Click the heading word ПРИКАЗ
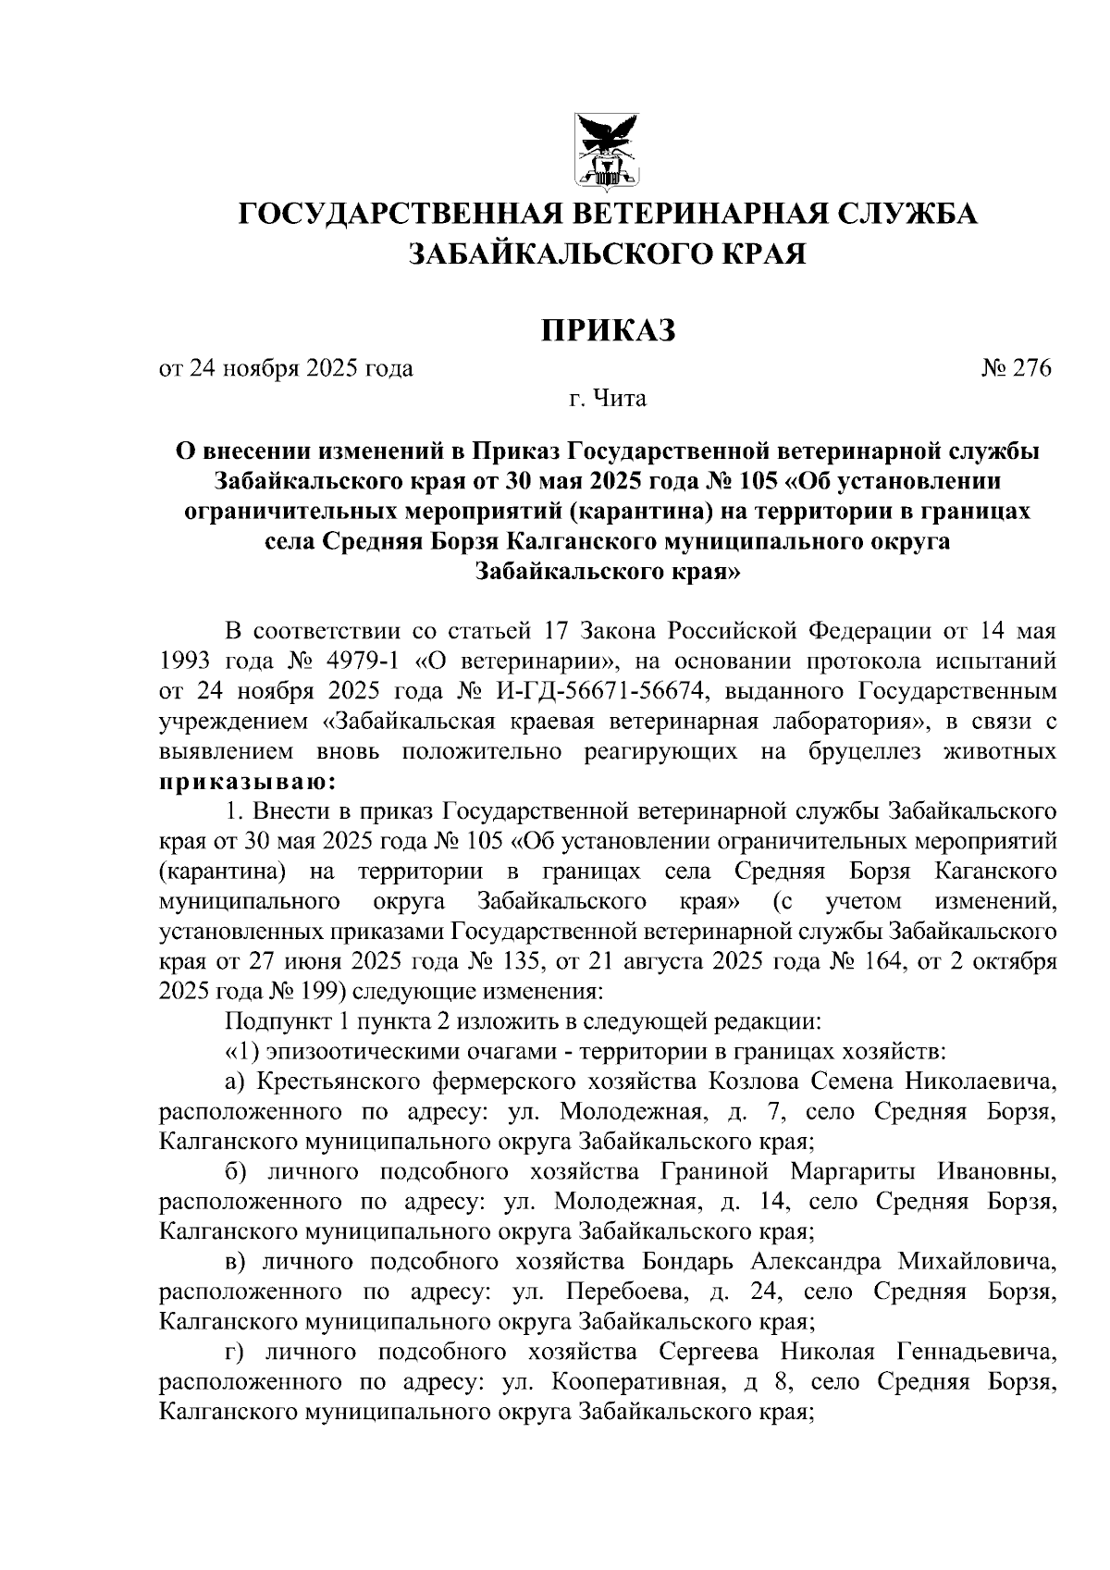tap(608, 329)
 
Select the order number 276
tap(1033, 369)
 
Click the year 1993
tap(187, 662)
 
